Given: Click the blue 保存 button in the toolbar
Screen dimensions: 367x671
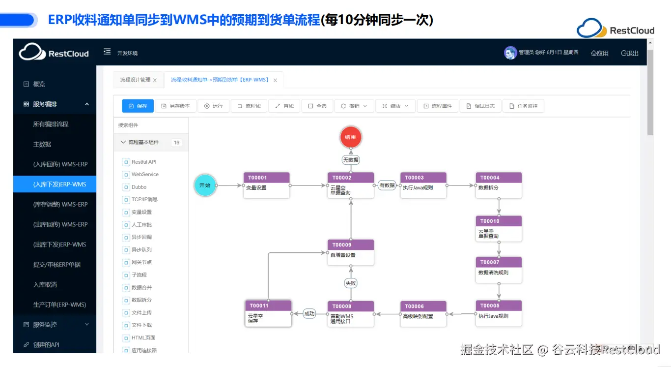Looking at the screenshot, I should [x=138, y=106].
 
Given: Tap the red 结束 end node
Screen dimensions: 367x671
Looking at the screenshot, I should [x=351, y=137].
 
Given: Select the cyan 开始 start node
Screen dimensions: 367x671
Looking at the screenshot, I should [x=205, y=185].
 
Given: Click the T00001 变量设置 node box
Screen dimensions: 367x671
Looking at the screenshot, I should [x=266, y=185].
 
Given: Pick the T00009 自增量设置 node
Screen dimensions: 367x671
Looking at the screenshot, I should [x=351, y=252].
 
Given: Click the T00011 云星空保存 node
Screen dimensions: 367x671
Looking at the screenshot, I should [x=268, y=314].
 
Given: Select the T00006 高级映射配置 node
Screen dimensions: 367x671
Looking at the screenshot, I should [x=423, y=314].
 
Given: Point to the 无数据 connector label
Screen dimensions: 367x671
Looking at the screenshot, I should [x=351, y=160].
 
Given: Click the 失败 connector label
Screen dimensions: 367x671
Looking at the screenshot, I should [x=351, y=283].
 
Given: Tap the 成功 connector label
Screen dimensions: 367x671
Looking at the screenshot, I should [x=309, y=313].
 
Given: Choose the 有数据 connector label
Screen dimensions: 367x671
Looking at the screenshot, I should [x=387, y=185].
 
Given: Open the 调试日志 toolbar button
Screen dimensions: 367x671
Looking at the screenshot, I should [x=480, y=106].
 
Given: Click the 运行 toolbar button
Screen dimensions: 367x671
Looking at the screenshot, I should [x=213, y=106].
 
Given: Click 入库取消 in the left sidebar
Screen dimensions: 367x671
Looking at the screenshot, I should [x=46, y=285].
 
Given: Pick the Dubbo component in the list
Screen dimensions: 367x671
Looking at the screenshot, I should [x=139, y=187].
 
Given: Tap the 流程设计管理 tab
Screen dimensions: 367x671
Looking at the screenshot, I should [x=135, y=80].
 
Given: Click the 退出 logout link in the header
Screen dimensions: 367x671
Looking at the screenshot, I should [x=630, y=53].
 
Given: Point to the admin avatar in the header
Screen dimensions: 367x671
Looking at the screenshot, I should [x=510, y=53].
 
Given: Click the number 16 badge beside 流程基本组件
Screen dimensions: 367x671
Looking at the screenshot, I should [x=176, y=143].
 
